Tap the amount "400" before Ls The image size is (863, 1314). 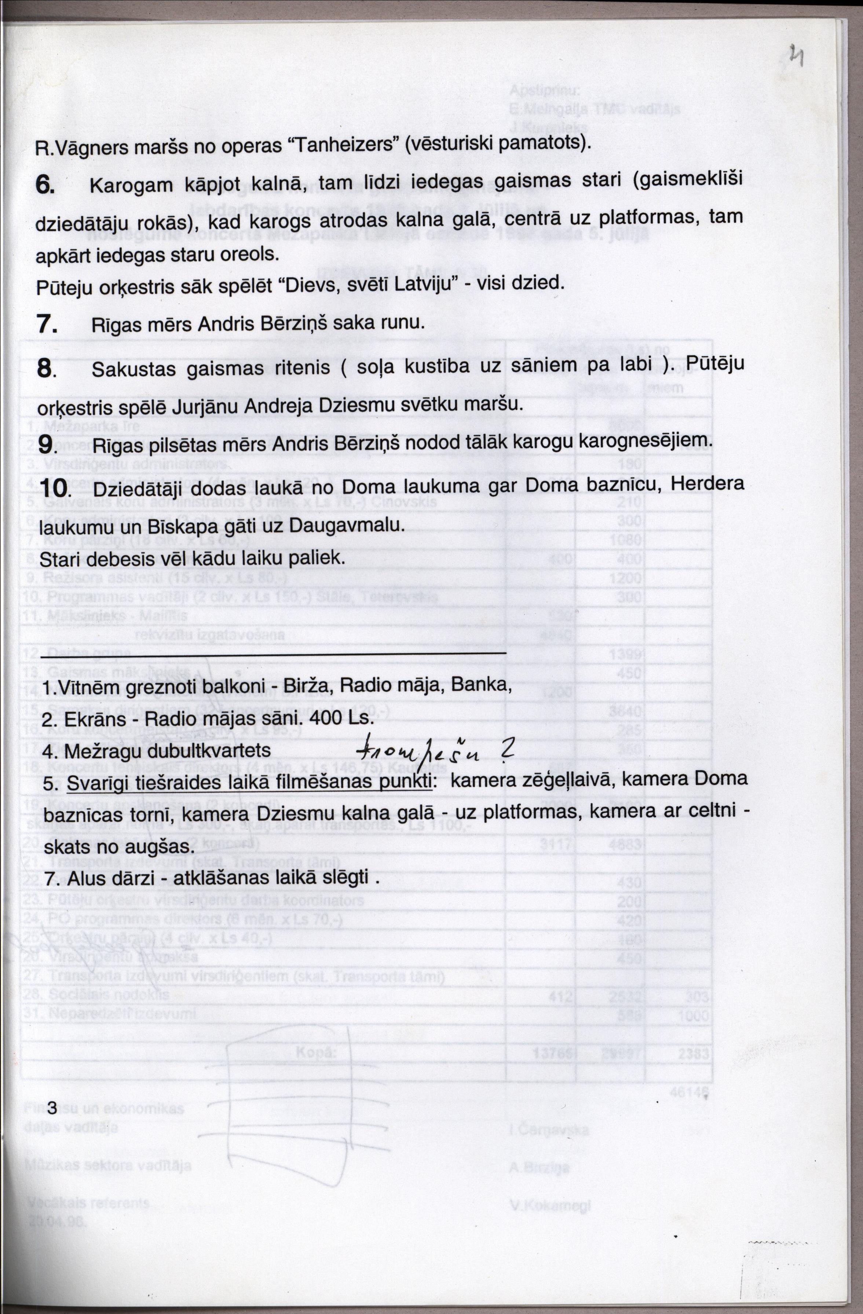pyautogui.click(x=327, y=719)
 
